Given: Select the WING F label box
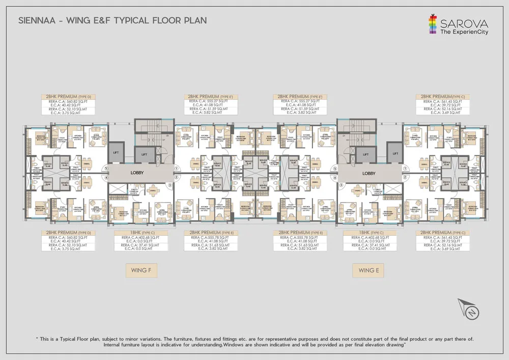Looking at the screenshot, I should (x=141, y=270).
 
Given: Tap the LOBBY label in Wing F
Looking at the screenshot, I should (x=137, y=173).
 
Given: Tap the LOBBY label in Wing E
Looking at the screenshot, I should (x=369, y=173).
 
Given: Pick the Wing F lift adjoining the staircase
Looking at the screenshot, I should (x=145, y=153).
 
